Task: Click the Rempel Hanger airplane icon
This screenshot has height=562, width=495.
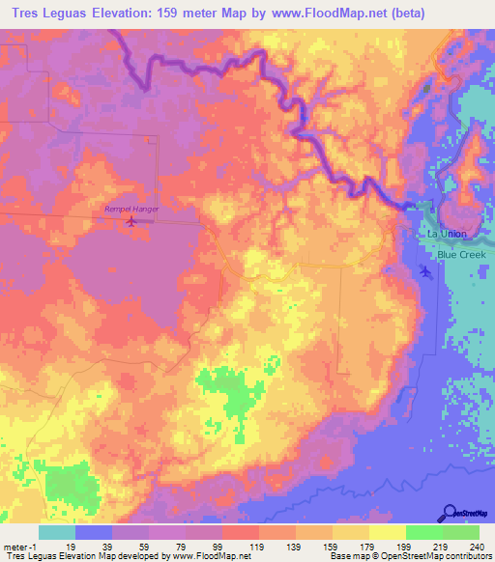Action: [x=131, y=222]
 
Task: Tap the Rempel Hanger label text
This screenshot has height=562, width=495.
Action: [x=131, y=209]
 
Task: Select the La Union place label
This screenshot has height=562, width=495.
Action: [x=446, y=235]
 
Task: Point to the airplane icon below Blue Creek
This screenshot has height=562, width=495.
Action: [x=427, y=271]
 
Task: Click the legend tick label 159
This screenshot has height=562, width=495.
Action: [x=332, y=546]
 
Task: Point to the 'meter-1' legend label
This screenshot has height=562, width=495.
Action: [x=18, y=546]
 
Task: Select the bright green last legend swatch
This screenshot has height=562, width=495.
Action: [x=460, y=532]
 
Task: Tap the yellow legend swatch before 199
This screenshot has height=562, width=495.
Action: [x=350, y=532]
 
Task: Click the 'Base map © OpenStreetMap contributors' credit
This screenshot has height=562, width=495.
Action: [x=407, y=556]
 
